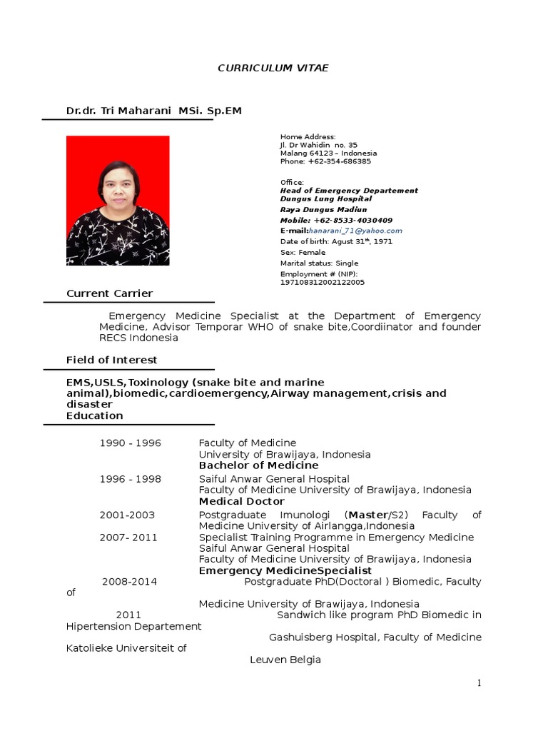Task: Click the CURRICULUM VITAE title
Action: pyautogui.click(x=273, y=68)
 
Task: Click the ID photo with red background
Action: pyautogui.click(x=118, y=201)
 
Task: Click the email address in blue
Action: pyautogui.click(x=356, y=231)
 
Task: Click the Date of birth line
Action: pyautogui.click(x=336, y=241)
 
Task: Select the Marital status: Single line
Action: pyautogui.click(x=319, y=263)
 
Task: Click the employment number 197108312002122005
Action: pyautogui.click(x=322, y=282)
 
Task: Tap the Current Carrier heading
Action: pyautogui.click(x=109, y=293)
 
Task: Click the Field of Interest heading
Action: pyautogui.click(x=112, y=360)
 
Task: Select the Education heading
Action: pyautogui.click(x=95, y=415)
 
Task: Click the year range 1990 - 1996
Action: pyautogui.click(x=130, y=443)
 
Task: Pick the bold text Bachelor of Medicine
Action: pyautogui.click(x=258, y=465)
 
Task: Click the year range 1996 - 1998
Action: pyautogui.click(x=130, y=479)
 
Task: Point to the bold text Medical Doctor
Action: pyautogui.click(x=241, y=501)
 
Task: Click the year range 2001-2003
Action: pyautogui.click(x=127, y=515)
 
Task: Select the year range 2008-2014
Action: pyautogui.click(x=129, y=582)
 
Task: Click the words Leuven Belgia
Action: pyautogui.click(x=285, y=660)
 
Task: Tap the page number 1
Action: pyautogui.click(x=480, y=683)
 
